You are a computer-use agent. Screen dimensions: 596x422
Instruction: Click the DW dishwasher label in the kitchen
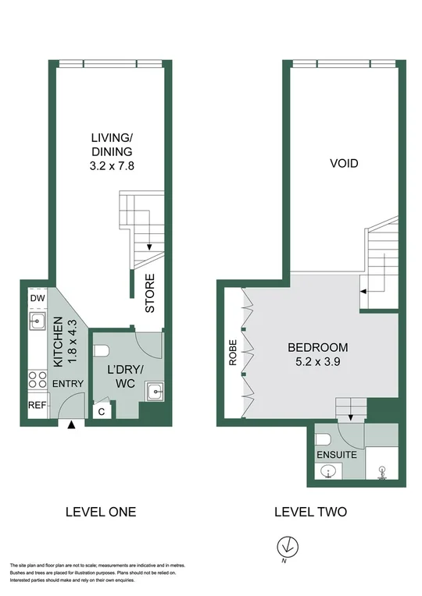[37, 299]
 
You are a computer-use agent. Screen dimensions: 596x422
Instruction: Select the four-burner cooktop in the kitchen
[37, 380]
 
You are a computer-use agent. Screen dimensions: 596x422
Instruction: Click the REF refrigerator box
[37, 405]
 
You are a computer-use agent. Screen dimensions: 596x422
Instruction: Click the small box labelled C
[100, 410]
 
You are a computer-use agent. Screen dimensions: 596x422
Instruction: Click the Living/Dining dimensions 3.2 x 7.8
[109, 165]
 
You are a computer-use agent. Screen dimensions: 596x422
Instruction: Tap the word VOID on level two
[344, 164]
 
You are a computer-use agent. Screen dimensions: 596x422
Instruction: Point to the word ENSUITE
[336, 453]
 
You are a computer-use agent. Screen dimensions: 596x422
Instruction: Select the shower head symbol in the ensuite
[382, 470]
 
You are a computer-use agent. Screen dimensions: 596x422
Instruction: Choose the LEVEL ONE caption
[102, 512]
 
